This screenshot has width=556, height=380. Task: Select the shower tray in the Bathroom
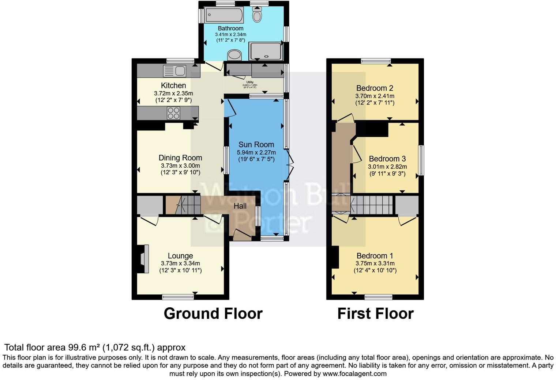coord(266,51)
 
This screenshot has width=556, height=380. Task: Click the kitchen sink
coord(175,70)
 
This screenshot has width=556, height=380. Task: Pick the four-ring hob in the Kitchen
coord(173,113)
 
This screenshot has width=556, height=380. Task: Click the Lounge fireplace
coord(143,259)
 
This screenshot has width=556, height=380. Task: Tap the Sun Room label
coord(256,144)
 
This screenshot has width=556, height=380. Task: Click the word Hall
coord(240,206)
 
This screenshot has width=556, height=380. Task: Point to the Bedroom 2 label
coord(375,88)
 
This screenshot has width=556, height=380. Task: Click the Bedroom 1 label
coord(375,256)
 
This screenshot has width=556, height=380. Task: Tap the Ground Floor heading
coord(213,313)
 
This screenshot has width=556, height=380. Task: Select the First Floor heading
coord(375,313)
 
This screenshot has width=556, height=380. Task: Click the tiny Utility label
coord(250,82)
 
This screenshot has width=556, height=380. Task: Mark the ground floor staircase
coord(183,205)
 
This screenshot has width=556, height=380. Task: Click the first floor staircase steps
coord(371,205)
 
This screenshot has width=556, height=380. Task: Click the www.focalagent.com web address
coord(354,374)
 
